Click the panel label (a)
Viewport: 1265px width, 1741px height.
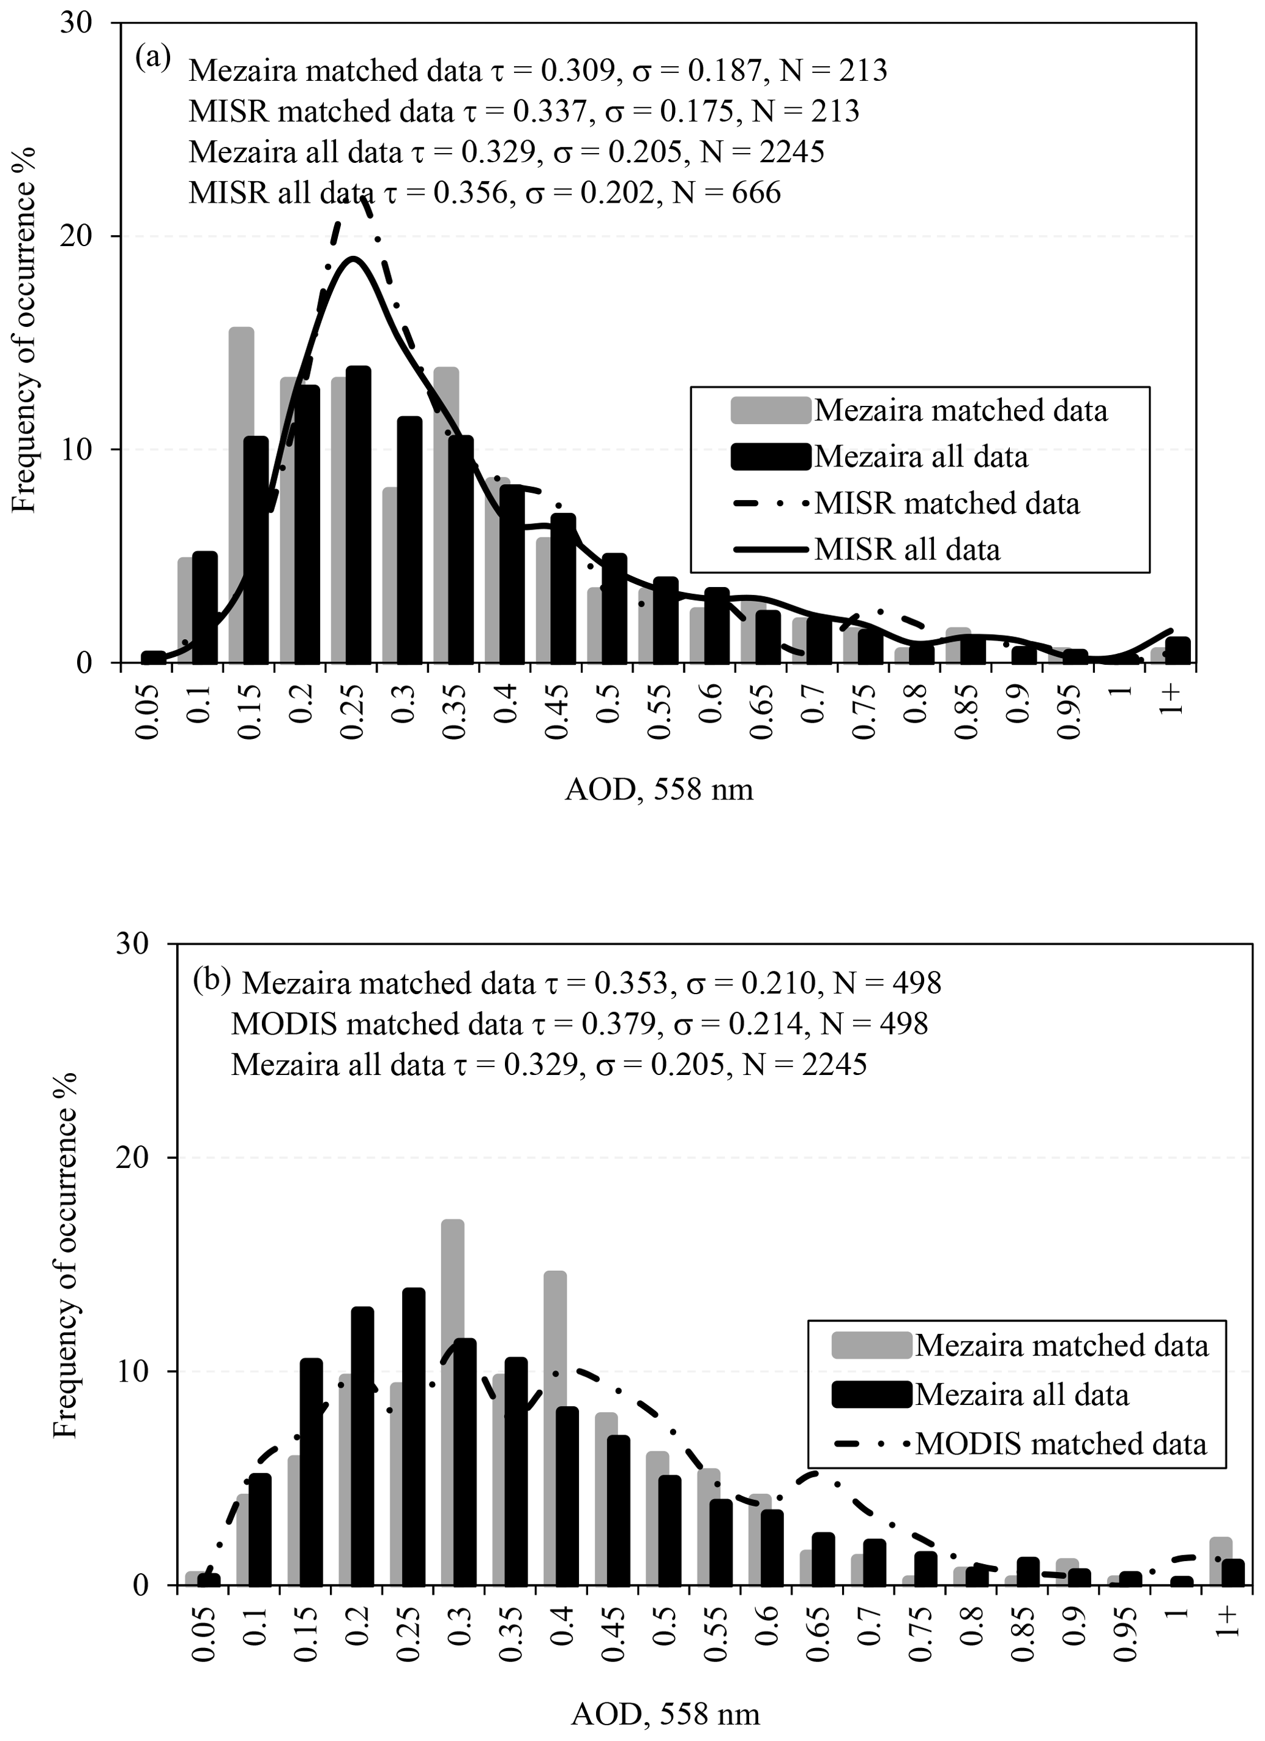coord(153,57)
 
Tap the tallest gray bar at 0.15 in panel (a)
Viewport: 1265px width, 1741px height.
coord(241,495)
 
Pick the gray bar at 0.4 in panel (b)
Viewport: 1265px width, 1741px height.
coord(555,1428)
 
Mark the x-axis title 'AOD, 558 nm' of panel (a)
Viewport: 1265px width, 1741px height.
coord(659,789)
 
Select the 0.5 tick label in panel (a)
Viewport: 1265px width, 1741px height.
coord(607,700)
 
